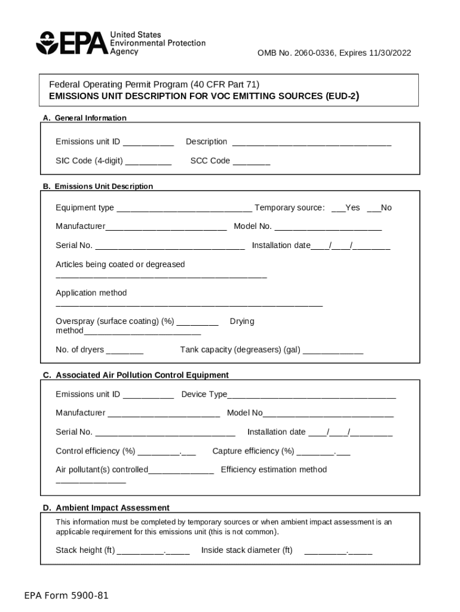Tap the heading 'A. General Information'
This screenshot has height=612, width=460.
pyautogui.click(x=84, y=118)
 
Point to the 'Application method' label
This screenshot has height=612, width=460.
pyautogui.click(x=91, y=293)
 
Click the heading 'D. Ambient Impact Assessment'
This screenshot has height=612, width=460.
pyautogui.click(x=106, y=508)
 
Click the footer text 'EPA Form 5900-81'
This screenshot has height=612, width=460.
pyautogui.click(x=66, y=596)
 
